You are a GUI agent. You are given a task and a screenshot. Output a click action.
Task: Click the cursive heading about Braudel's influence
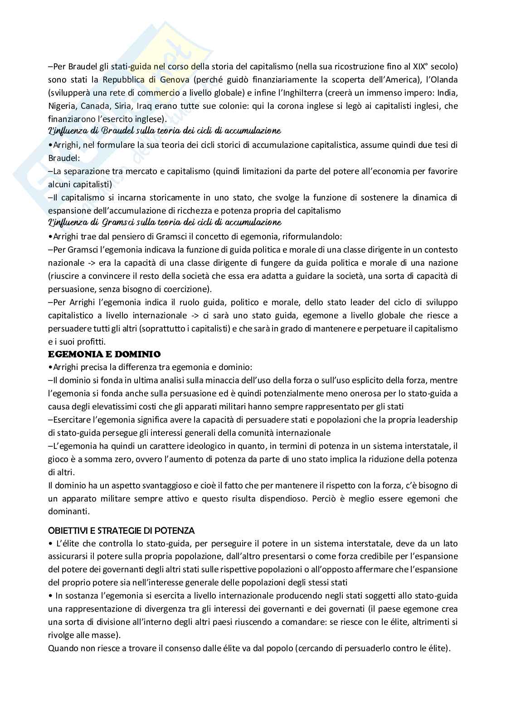(164, 131)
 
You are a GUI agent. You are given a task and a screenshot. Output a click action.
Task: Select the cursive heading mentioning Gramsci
(164, 223)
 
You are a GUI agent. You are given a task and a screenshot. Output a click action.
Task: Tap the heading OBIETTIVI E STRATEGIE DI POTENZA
(121, 530)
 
